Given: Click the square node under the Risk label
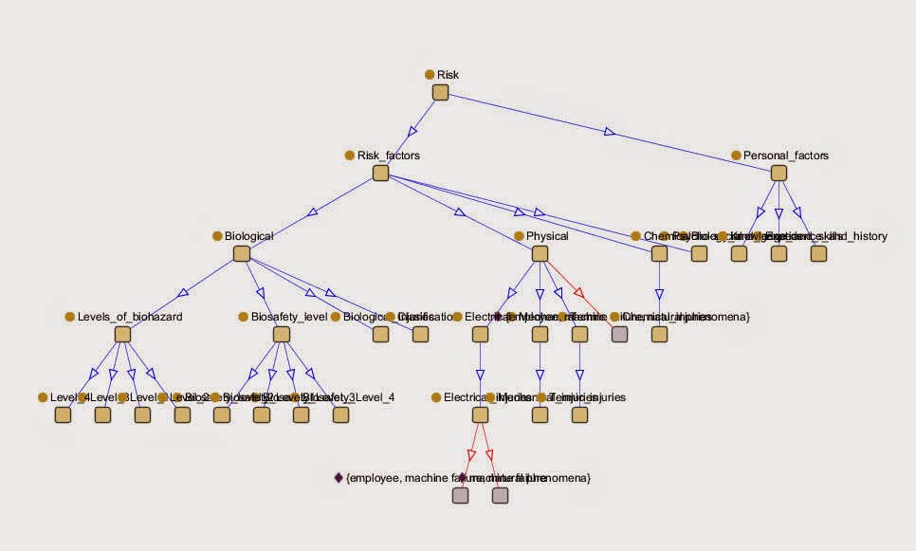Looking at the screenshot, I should (x=440, y=92).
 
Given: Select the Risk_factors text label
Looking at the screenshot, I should (x=388, y=155).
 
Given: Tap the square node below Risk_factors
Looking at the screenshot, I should (x=380, y=174).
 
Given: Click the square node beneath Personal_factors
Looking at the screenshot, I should (x=779, y=174).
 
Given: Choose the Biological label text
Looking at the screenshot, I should (x=248, y=236).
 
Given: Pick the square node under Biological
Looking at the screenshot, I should (x=241, y=254).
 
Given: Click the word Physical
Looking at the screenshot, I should (x=547, y=236).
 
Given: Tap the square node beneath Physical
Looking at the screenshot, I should (x=540, y=254).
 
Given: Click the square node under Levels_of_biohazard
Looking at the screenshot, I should (x=121, y=334).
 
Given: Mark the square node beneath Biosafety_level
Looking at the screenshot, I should (x=281, y=334).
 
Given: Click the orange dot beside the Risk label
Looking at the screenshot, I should (x=430, y=74).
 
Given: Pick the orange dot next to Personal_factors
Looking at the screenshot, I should (x=735, y=155).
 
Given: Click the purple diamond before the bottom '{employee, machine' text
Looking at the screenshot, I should (x=339, y=478).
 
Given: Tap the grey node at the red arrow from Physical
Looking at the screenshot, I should (x=619, y=334).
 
